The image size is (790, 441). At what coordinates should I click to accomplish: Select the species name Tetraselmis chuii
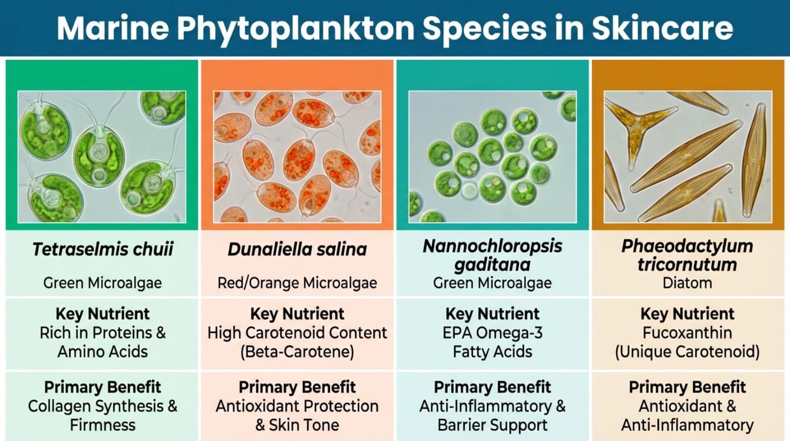click(x=103, y=249)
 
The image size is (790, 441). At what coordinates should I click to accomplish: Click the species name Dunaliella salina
click(x=297, y=249)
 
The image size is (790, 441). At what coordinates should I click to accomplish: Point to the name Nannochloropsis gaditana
click(x=492, y=255)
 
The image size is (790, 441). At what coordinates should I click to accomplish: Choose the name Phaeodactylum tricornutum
click(x=687, y=255)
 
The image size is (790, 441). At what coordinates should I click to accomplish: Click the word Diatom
click(x=687, y=283)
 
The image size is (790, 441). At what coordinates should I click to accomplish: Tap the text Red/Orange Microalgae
click(x=297, y=283)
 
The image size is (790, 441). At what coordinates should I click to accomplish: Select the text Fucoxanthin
click(x=687, y=333)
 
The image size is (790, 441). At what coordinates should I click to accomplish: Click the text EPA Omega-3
click(x=492, y=333)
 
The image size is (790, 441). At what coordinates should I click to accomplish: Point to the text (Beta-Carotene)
click(x=297, y=352)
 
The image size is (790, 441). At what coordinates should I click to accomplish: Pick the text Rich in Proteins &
click(x=103, y=333)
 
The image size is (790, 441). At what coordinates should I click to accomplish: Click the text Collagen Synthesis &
click(x=103, y=406)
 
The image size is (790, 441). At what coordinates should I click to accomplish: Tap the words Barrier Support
click(x=492, y=425)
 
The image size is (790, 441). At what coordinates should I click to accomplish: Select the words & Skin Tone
click(x=297, y=425)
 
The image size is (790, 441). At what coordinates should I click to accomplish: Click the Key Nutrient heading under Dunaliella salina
click(x=297, y=313)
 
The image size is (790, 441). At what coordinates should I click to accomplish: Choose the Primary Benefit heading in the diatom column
click(x=687, y=387)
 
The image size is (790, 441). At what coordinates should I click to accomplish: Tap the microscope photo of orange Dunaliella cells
click(x=297, y=157)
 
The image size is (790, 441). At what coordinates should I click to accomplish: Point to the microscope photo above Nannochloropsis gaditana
click(x=492, y=157)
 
